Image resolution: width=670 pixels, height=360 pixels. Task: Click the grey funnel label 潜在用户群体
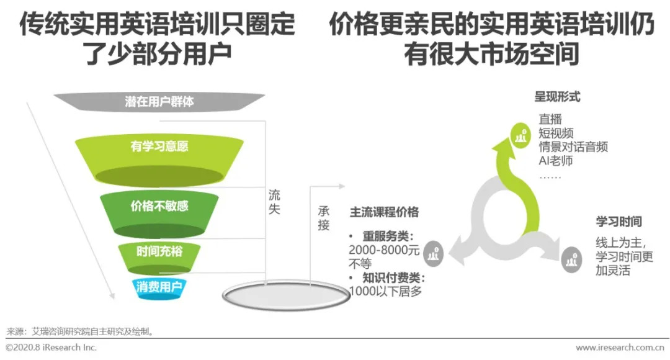coord(159,101)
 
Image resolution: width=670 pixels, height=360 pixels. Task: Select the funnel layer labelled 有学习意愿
coord(159,147)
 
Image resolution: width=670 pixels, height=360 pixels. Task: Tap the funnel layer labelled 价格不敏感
coord(159,206)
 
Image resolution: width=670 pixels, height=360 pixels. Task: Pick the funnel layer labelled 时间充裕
coord(159,252)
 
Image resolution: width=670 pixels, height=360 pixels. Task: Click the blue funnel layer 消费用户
coord(159,287)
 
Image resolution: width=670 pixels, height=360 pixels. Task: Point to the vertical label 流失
coord(274,202)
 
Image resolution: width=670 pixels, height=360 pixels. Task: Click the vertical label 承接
coord(323,217)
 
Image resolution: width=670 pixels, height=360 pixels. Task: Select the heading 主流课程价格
coord(384,212)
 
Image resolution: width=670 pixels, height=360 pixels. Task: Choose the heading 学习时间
coord(619,222)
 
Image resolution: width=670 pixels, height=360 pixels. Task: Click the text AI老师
coord(555,161)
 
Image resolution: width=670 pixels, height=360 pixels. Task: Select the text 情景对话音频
coord(573,147)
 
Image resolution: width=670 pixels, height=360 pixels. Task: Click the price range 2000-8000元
coord(384,250)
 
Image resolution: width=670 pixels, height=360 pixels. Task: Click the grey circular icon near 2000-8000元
coord(435,252)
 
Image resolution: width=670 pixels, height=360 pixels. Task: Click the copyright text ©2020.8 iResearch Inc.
coord(51,348)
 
